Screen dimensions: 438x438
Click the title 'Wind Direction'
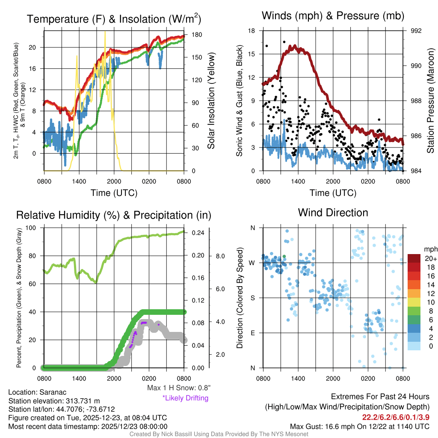click(x=333, y=213)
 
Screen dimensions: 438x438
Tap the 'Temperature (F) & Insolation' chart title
click(x=114, y=19)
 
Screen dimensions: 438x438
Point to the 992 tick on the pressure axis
click(x=416, y=31)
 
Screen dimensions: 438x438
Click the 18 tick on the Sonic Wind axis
click(x=252, y=31)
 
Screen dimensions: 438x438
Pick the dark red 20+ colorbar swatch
click(x=414, y=258)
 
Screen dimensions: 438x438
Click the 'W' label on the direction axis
click(x=252, y=263)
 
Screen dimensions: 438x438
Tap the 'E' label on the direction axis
click(x=252, y=333)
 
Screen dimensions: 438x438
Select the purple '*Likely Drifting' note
click(x=185, y=398)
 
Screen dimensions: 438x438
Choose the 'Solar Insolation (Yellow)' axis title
click(x=211, y=101)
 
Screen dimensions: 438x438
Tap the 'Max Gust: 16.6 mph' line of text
click(x=360, y=426)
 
